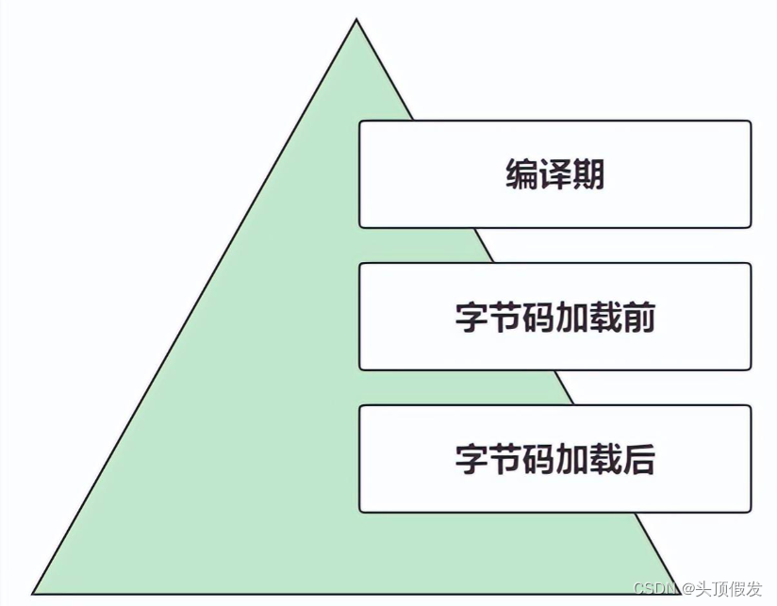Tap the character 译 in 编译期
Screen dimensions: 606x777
pos(554,174)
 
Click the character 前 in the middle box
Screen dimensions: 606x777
pos(638,318)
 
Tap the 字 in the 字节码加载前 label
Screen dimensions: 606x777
pos(471,318)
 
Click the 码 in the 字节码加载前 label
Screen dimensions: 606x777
pos(538,318)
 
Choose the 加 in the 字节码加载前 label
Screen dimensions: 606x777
pos(571,318)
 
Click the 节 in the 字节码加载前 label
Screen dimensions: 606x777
pos(504,318)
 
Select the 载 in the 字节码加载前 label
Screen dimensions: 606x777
pos(604,318)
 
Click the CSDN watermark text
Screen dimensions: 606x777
pos(655,589)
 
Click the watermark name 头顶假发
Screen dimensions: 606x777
pos(729,589)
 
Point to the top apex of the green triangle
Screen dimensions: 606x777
pos(356,20)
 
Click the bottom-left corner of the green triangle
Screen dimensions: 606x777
pos(34,593)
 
